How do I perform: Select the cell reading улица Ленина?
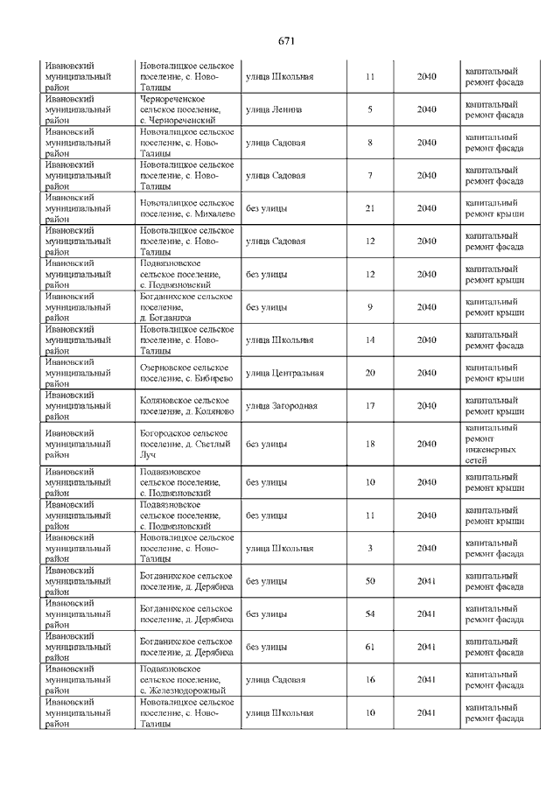tap(274, 109)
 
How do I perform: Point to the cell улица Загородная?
tap(281, 406)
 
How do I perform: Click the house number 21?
tap(370, 208)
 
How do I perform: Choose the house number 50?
tap(370, 581)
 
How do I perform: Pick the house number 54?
tap(370, 614)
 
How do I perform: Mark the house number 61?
tap(370, 647)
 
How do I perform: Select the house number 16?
tap(370, 680)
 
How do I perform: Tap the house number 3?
tap(370, 548)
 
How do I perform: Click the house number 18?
tap(370, 444)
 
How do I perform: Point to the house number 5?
tap(370, 109)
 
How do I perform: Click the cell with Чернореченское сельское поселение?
tap(185, 109)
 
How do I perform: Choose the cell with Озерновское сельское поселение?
tap(185, 373)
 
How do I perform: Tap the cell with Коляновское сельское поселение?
tap(186, 406)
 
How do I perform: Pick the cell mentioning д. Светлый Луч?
tap(185, 444)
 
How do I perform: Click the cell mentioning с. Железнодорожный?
tap(183, 680)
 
